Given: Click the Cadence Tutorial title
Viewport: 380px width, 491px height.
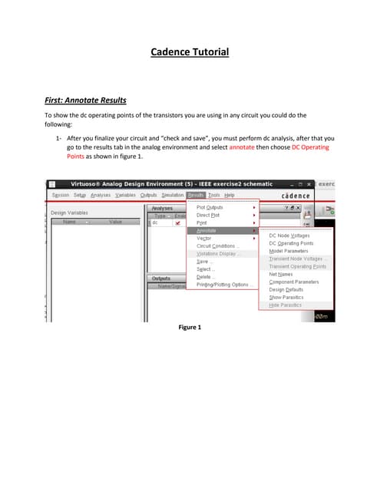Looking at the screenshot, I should (x=189, y=52).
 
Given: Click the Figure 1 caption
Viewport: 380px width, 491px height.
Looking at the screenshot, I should (x=190, y=328).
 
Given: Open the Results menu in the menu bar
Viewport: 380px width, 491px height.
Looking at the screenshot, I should (x=195, y=196).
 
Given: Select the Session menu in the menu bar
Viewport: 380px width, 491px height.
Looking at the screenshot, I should (x=61, y=196).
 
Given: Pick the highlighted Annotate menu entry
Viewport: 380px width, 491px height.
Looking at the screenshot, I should (x=207, y=231).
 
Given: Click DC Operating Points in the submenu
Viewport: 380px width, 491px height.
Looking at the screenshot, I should (x=291, y=243).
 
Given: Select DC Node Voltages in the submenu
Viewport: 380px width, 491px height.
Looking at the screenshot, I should (x=289, y=236).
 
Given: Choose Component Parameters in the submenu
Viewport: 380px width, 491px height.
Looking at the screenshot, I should (x=293, y=282).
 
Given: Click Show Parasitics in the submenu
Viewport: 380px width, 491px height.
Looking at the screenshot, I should (x=286, y=297).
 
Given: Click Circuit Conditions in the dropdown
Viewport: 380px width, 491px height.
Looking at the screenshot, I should (x=218, y=246).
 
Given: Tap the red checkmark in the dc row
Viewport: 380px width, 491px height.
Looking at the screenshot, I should (x=177, y=222).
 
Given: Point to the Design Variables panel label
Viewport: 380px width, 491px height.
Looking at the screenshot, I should (x=69, y=213).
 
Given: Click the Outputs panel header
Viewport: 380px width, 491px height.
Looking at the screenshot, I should (x=161, y=278).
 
